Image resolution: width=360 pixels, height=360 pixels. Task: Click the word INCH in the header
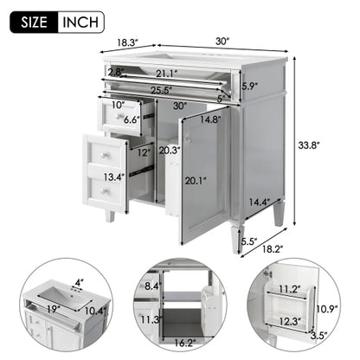tap(80, 21)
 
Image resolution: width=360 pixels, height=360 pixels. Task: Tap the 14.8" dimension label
tap(209, 120)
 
